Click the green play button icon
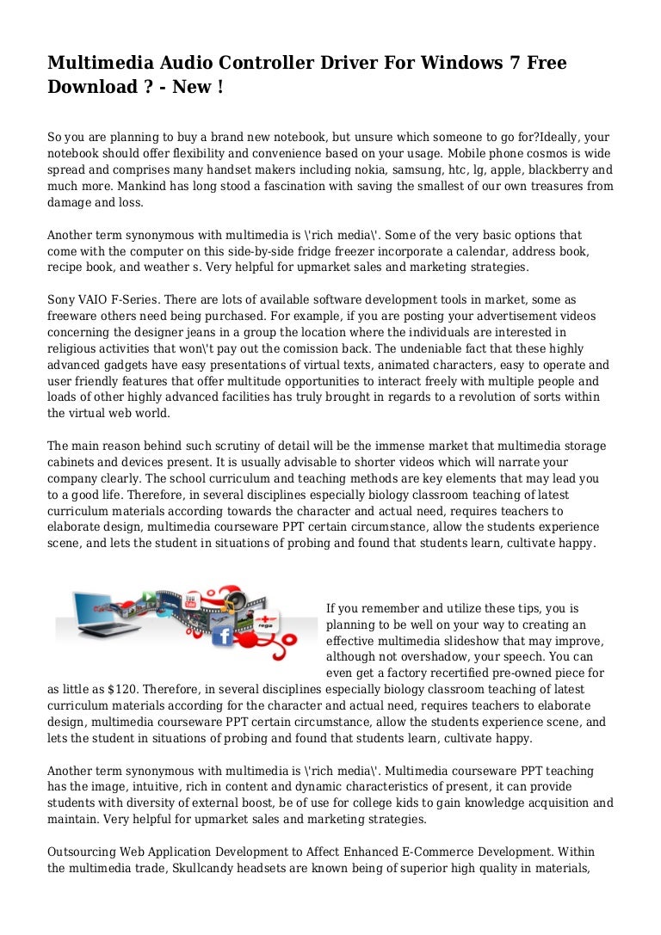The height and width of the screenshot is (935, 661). (149, 596)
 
